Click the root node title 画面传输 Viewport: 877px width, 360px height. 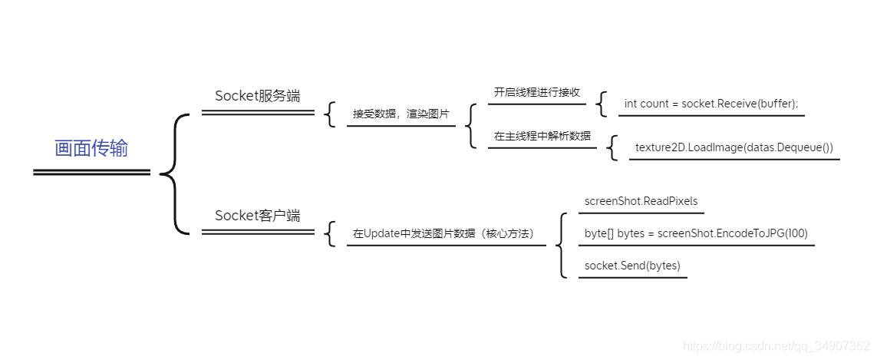(91, 149)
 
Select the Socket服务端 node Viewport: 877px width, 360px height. (257, 96)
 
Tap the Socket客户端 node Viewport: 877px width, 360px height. (257, 216)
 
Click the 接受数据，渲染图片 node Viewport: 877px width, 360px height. (401, 114)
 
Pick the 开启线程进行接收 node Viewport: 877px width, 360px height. (536, 93)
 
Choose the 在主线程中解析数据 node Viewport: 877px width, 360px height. (542, 136)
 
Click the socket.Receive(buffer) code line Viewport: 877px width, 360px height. (711, 104)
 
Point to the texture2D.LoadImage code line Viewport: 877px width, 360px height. (734, 147)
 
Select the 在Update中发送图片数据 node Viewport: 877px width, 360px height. (443, 233)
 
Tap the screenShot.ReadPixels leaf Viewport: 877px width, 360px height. (641, 201)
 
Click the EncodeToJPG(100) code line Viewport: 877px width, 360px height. (695, 233)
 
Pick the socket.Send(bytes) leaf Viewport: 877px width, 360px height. (631, 266)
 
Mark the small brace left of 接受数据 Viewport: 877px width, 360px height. (331, 114)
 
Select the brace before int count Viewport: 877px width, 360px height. (602, 104)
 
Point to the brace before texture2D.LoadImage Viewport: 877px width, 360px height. (612, 147)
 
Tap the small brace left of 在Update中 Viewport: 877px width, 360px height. (331, 233)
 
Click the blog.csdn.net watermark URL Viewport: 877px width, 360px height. (776, 346)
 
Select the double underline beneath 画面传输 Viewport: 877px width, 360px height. (91, 173)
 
